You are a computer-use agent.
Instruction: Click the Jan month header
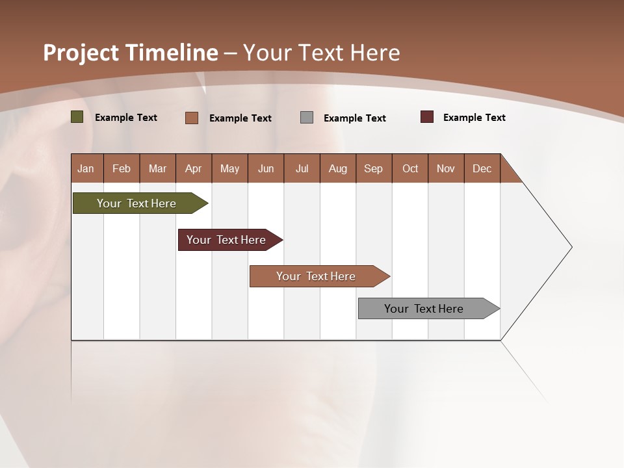(86, 168)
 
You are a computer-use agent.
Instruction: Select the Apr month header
(193, 168)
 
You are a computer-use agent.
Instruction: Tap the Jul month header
(302, 168)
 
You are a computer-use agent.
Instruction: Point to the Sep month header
(373, 168)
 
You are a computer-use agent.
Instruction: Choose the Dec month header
(482, 168)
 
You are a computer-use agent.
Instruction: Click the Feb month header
(122, 168)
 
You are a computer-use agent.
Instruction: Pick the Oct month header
(410, 168)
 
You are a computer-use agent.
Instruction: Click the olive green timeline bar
(136, 203)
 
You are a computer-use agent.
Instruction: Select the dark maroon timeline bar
(226, 240)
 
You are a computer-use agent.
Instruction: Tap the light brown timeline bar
(316, 276)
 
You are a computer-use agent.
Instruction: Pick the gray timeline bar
(424, 309)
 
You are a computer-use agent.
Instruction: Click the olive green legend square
(77, 117)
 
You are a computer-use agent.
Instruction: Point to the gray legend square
(307, 118)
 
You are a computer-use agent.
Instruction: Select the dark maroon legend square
(427, 117)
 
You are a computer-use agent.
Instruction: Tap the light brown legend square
(192, 118)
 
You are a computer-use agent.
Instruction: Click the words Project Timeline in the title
(130, 53)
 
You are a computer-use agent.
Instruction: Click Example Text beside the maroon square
(474, 118)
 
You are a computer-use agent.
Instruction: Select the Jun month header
(266, 168)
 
